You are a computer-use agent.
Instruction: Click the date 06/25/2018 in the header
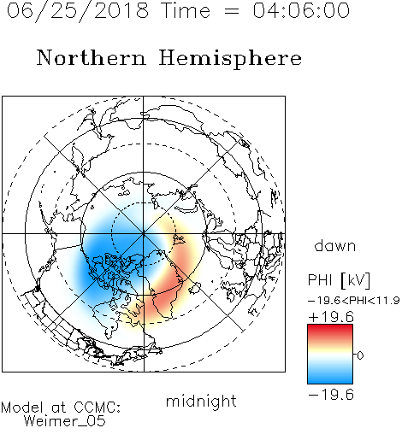point(78,11)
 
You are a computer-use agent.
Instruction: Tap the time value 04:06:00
point(301,10)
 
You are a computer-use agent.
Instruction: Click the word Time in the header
point(186,10)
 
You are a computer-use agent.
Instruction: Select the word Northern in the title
point(92,57)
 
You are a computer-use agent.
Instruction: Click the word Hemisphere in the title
point(230,59)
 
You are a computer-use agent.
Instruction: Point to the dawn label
point(335,246)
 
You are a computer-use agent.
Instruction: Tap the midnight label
point(201,402)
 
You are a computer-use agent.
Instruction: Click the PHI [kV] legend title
point(339,280)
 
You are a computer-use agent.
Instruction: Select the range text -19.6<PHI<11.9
point(353,301)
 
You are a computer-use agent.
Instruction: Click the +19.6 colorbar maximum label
point(331,317)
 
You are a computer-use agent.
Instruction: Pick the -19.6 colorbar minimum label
point(331,395)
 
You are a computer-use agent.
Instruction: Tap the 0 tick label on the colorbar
point(360,355)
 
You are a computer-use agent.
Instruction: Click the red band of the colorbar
point(330,331)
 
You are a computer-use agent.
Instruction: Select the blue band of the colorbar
point(330,376)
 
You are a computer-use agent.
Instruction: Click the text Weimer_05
point(65,421)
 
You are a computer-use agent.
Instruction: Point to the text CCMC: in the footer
point(98,408)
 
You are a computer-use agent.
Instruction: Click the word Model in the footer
point(22,408)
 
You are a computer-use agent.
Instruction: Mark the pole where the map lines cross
point(144,234)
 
